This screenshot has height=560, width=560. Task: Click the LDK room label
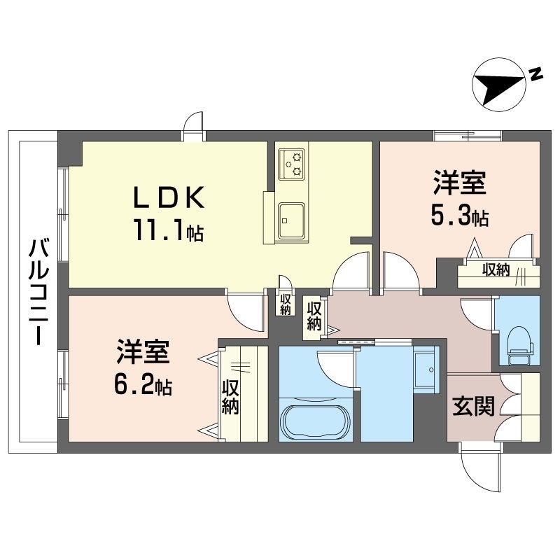pyautogui.click(x=169, y=197)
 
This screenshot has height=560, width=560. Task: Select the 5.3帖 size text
pyautogui.click(x=460, y=216)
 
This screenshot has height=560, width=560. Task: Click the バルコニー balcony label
pyautogui.click(x=38, y=292)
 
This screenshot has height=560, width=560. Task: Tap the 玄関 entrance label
pyautogui.click(x=474, y=406)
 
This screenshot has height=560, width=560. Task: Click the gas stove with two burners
pyautogui.click(x=292, y=164)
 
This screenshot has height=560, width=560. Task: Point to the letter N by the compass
pyautogui.click(x=535, y=73)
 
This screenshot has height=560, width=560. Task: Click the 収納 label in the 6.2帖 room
pyautogui.click(x=230, y=397)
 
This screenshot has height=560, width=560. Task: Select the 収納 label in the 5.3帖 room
pyautogui.click(x=496, y=270)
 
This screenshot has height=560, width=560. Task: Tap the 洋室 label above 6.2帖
pyautogui.click(x=143, y=351)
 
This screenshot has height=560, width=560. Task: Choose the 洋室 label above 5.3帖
pyautogui.click(x=460, y=183)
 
